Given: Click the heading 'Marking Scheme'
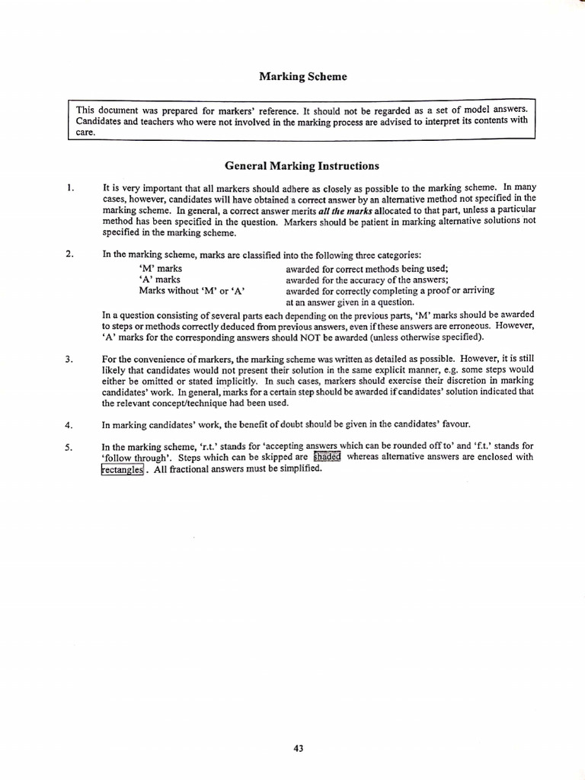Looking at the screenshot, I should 302,76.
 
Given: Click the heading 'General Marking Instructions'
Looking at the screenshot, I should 302,166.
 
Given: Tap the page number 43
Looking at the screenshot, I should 298,727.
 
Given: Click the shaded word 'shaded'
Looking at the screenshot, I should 327,458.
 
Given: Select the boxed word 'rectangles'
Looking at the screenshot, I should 122,469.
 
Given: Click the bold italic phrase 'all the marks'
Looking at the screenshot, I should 347,210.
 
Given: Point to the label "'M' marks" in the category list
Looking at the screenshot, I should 161,268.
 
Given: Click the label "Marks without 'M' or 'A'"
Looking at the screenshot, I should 192,290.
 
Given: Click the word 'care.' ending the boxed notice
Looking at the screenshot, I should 85,132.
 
